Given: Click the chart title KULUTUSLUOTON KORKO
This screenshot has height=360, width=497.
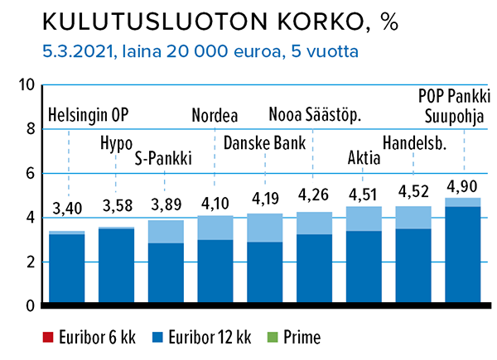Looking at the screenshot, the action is tap(203, 22).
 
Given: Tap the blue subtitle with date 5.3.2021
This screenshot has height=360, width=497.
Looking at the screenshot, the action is tap(200, 51).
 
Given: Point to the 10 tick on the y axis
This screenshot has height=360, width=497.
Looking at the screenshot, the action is tap(27, 85).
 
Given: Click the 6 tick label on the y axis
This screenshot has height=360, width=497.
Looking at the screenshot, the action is tap(30, 174).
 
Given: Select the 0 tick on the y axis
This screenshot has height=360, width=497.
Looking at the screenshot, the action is tap(30, 306).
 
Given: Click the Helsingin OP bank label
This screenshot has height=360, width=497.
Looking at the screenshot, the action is tap(88, 115).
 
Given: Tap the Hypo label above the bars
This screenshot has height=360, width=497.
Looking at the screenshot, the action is tap(116, 144).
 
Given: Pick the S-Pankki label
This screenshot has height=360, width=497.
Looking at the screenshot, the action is tap(163, 158).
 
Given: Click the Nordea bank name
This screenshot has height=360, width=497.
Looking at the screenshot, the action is tap(215, 115).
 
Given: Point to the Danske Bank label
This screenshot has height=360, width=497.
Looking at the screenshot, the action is tap(265, 143).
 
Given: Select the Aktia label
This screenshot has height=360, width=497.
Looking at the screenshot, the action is tap(364, 157).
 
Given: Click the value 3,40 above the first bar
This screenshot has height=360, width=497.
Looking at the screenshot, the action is tap(67, 209).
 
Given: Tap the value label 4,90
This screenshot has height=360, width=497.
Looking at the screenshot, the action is tap(462, 186).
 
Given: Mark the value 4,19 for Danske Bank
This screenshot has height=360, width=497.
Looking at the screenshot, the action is tap(265, 199).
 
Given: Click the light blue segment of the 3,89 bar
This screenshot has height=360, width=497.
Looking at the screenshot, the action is tap(166, 232).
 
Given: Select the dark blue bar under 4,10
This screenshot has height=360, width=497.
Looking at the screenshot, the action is tap(215, 271).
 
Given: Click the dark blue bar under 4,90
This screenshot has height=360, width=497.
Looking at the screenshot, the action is tap(463, 255).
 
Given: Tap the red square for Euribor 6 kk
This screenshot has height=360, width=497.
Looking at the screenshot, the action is tap(48, 337).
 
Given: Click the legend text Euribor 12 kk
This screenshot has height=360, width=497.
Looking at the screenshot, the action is tap(210, 337).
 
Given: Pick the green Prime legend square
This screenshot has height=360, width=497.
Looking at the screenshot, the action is tap(273, 337).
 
